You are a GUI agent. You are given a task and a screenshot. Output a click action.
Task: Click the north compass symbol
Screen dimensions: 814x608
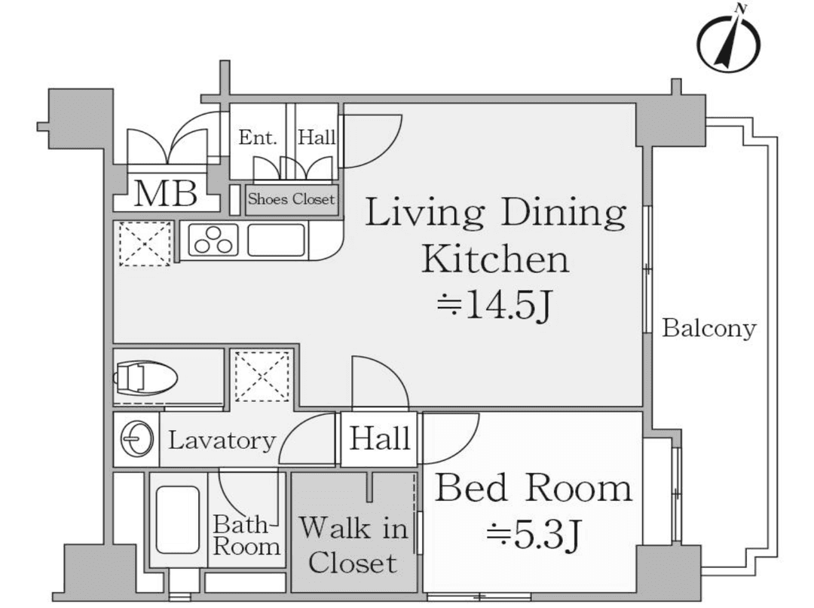tap(728, 41)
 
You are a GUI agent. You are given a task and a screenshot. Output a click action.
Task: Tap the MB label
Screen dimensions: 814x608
tap(166, 193)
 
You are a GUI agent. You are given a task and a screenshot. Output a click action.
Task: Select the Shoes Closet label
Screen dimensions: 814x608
tap(291, 199)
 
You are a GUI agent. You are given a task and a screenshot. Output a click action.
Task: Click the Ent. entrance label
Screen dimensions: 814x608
tap(258, 138)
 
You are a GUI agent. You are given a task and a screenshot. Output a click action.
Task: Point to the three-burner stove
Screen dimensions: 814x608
tap(213, 239)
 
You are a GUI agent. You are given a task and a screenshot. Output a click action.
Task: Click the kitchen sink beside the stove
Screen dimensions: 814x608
tap(276, 240)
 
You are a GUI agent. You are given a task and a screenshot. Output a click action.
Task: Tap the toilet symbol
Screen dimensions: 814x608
tap(146, 377)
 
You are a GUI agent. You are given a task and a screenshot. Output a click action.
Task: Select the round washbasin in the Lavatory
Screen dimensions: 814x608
tap(137, 439)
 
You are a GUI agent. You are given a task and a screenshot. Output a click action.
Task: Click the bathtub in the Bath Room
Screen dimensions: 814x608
tap(178, 520)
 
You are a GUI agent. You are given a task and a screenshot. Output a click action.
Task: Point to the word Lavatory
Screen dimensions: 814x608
tap(222, 441)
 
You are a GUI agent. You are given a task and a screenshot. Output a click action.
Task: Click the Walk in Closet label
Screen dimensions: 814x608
tap(353, 545)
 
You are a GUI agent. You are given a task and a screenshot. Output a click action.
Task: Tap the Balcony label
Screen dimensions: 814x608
tap(709, 329)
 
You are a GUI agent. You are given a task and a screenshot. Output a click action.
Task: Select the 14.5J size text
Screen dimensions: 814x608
tap(494, 305)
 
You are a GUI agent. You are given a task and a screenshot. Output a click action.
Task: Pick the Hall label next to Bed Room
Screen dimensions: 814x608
tap(379, 438)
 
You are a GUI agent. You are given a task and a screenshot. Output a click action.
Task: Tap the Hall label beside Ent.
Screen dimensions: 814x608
tap(317, 137)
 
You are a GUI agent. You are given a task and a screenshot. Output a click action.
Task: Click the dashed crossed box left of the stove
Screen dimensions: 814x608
tap(145, 244)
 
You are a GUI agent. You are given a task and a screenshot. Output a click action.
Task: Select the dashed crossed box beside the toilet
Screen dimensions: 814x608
tap(262, 376)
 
